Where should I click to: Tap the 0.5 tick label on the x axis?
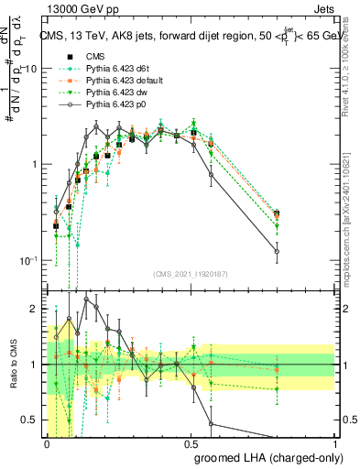(x=191, y=442)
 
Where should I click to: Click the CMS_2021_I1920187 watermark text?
(x=191, y=275)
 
